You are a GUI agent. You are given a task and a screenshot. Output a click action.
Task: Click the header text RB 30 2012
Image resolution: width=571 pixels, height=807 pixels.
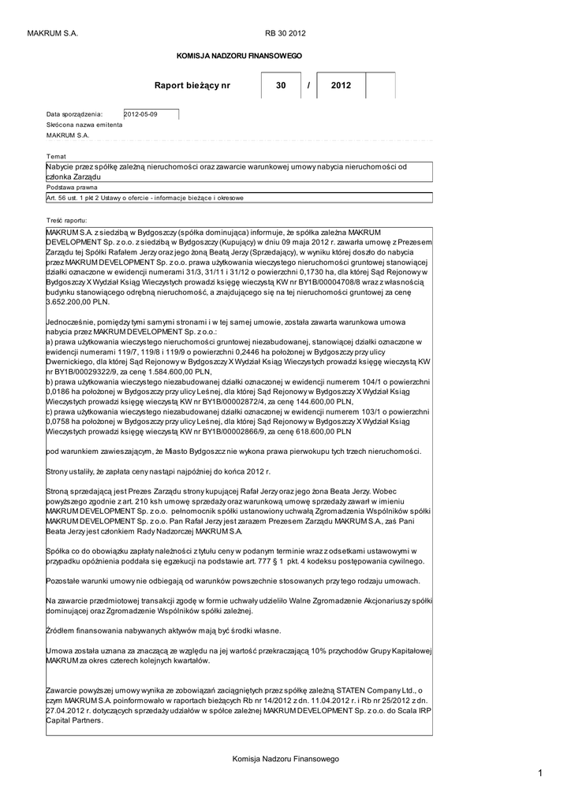(x=285, y=33)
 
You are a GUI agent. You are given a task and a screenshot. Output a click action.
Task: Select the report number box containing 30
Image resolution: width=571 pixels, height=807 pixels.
(x=281, y=85)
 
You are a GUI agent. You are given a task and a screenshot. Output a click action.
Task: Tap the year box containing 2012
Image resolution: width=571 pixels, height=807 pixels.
(x=341, y=85)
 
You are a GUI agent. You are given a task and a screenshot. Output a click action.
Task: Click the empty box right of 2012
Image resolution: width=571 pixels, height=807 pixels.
(x=380, y=85)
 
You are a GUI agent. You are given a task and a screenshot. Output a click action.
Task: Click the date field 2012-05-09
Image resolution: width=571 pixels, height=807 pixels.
(x=151, y=114)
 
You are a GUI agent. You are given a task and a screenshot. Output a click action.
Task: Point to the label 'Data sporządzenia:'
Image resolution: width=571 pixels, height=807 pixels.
(x=75, y=114)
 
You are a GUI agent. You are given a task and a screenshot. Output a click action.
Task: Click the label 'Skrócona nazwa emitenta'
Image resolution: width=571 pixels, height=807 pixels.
(x=84, y=125)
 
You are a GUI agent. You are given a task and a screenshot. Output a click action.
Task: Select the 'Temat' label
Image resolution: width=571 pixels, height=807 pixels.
(x=56, y=156)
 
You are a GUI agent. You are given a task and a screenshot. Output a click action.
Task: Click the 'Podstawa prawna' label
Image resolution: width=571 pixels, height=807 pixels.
(x=72, y=188)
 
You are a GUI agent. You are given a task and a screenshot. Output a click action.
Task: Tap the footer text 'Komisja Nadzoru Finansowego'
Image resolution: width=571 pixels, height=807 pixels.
(x=285, y=758)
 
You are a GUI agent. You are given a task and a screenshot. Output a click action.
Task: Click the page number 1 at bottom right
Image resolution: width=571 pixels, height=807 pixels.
(x=541, y=774)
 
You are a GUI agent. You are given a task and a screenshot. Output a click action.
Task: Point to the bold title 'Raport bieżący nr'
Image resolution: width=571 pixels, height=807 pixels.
(x=192, y=85)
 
